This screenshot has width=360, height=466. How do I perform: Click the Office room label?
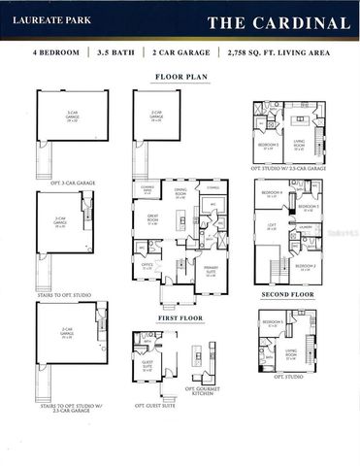coord(147,266)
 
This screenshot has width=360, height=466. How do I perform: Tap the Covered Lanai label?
coord(148,187)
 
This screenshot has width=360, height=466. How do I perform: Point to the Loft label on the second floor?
coord(272,227)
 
